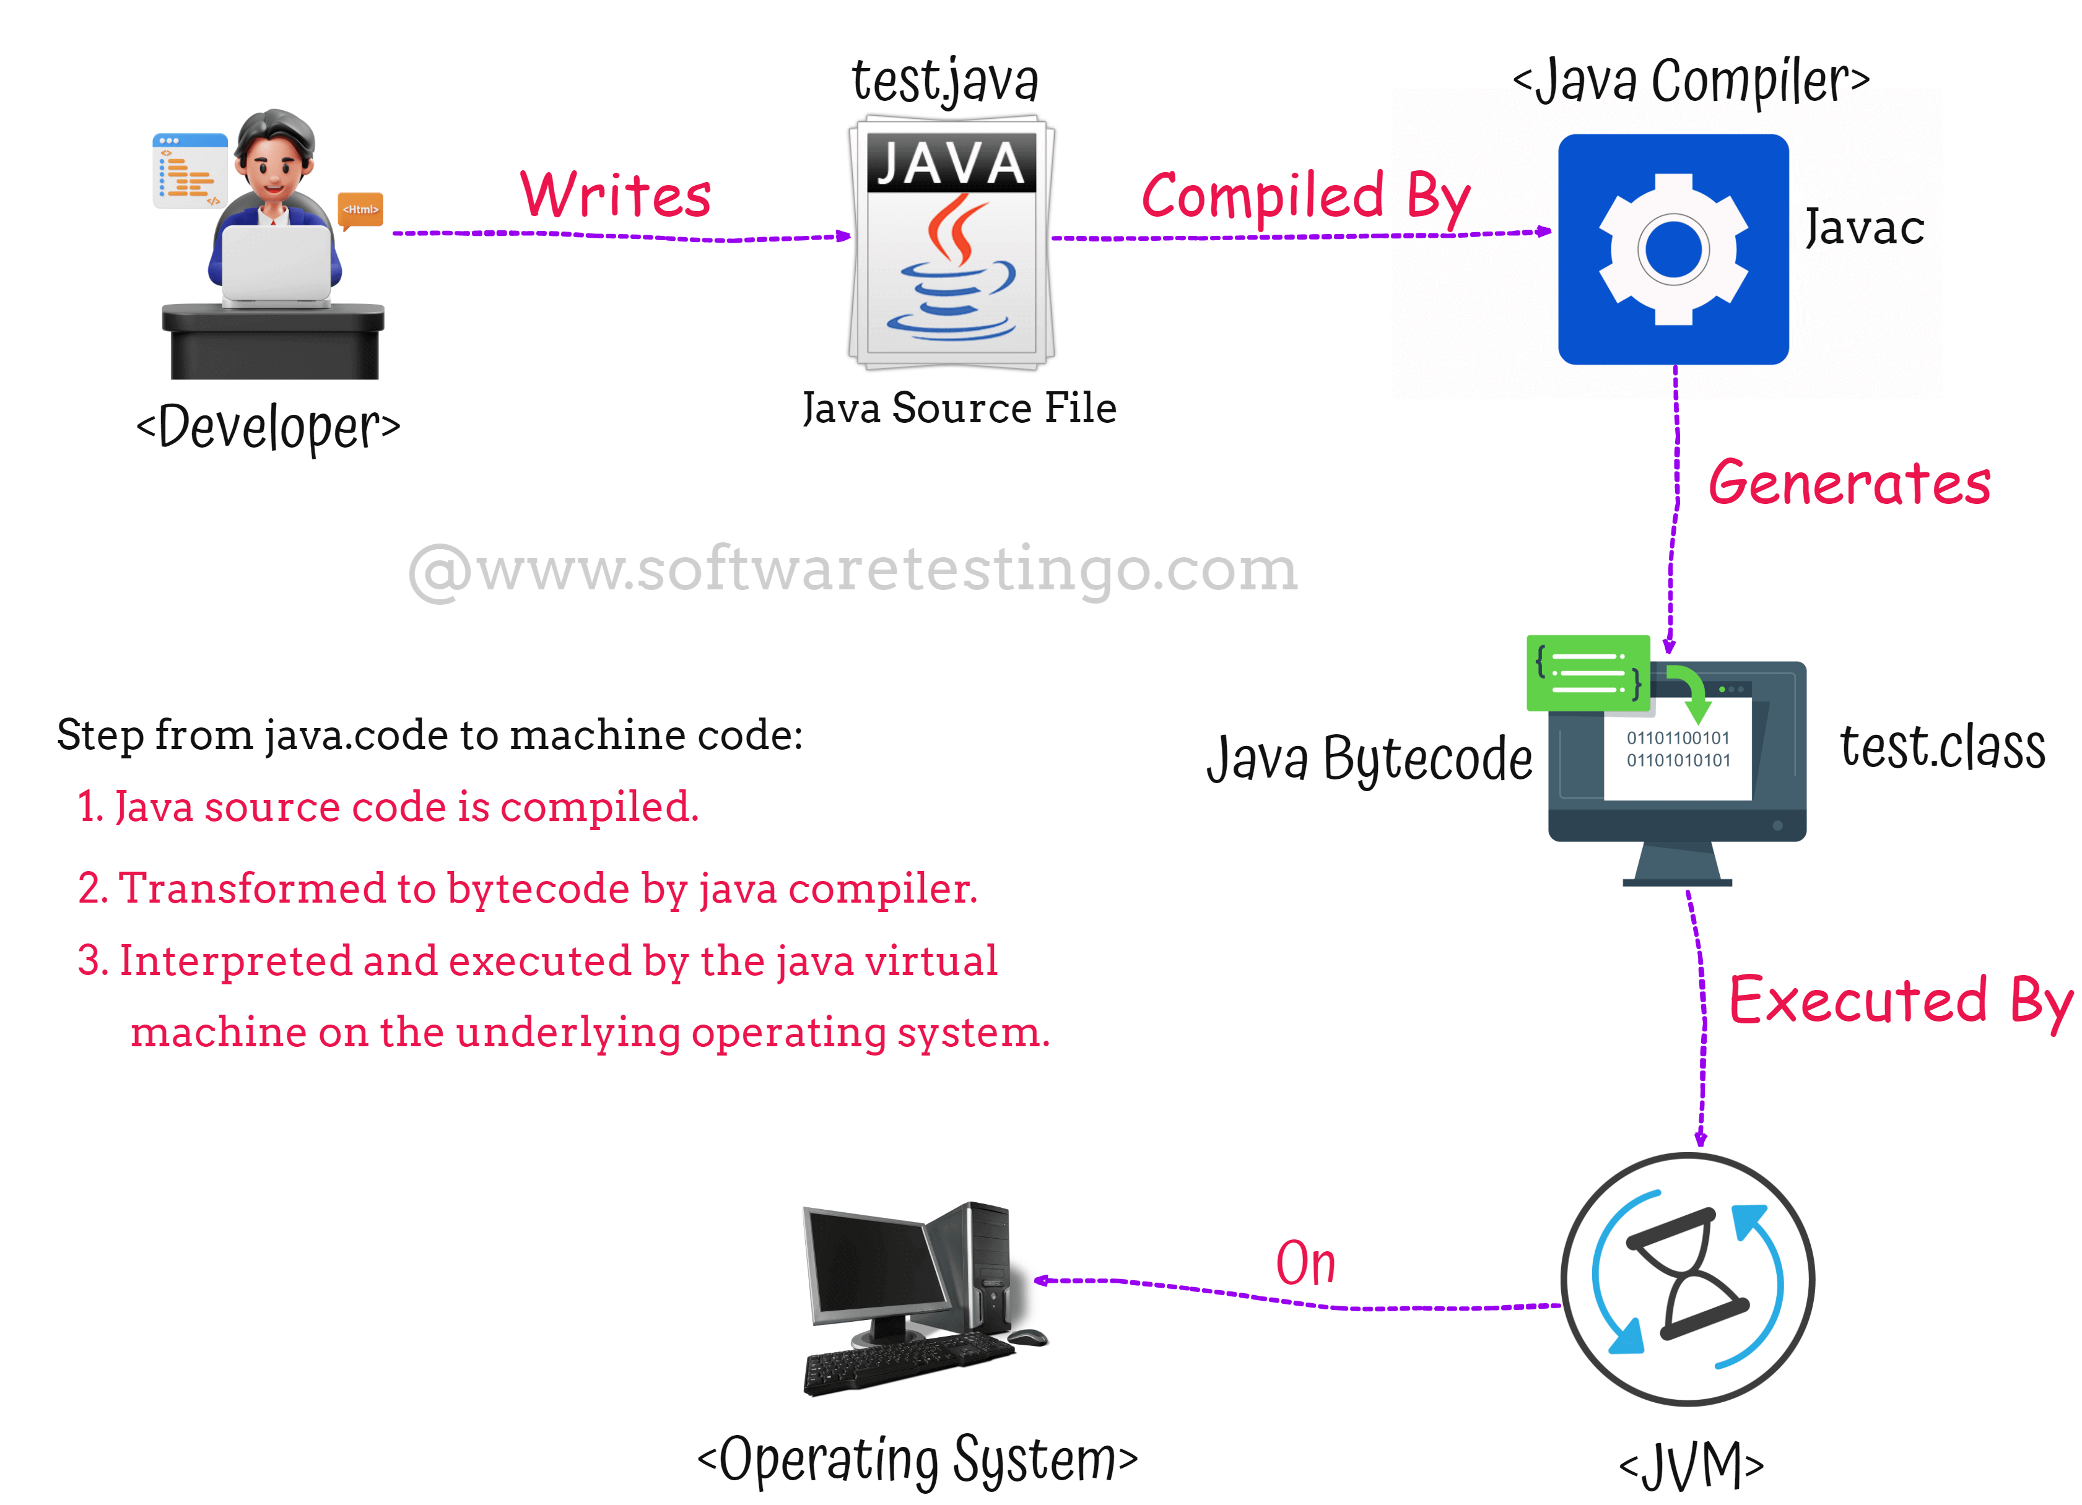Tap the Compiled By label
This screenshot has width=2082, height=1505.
[x=1305, y=197]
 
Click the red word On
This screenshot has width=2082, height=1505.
[x=1305, y=1264]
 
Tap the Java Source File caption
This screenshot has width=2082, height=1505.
[x=959, y=409]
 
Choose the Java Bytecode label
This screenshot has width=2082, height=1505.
[x=1369, y=759]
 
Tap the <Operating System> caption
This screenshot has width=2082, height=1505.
[x=918, y=1459]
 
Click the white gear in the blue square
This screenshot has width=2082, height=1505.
[x=1673, y=249]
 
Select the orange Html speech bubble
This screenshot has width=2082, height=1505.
[x=360, y=210]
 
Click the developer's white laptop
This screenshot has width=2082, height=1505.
[x=276, y=264]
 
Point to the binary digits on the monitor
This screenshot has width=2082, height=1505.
[x=1678, y=749]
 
